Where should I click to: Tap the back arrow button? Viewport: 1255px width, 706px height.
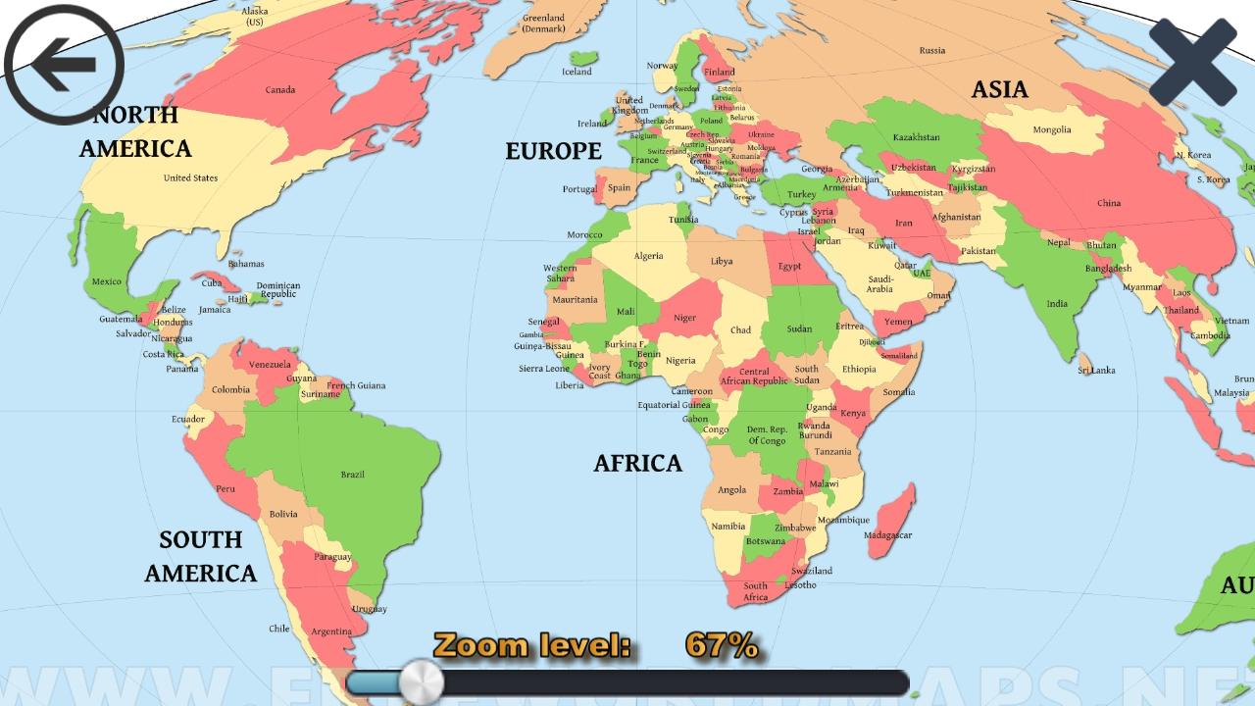tap(64, 65)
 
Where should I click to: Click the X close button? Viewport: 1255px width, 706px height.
tap(1193, 63)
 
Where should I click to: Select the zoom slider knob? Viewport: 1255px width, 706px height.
tap(422, 681)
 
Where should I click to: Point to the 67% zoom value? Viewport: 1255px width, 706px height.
tap(721, 645)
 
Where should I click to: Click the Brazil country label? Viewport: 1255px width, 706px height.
tap(352, 475)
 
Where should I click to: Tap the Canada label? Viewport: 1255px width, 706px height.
tap(280, 90)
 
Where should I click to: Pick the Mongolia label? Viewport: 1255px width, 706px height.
tap(1052, 129)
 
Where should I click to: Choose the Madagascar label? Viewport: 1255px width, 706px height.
tap(888, 535)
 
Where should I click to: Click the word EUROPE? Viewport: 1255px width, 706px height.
tap(553, 151)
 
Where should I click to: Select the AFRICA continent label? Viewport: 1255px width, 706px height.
tap(637, 463)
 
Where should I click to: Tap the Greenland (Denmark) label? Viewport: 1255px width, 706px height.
tap(543, 24)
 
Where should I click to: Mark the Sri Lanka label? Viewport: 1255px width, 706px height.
tap(1096, 370)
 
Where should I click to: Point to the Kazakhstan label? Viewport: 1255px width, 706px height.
tap(916, 137)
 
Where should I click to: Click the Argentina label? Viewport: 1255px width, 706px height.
tap(330, 631)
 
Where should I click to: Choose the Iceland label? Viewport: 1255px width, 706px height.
tap(577, 72)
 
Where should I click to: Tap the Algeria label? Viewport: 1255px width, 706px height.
tap(648, 256)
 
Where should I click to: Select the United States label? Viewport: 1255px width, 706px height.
tap(190, 177)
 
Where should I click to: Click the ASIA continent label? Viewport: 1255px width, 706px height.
tap(999, 90)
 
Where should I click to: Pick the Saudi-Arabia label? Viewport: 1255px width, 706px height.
tap(879, 283)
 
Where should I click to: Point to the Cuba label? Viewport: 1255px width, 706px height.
tap(212, 282)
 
